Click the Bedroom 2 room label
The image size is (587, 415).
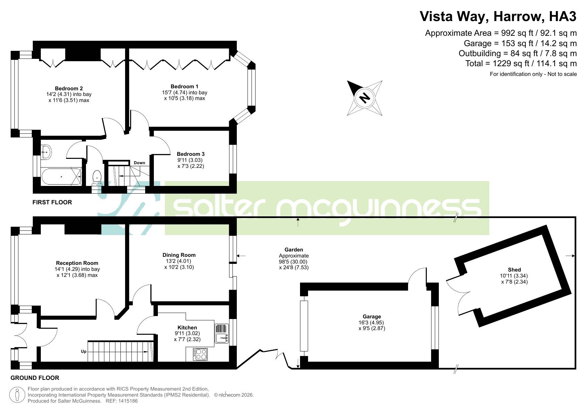point(69,88)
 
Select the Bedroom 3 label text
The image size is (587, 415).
point(191,154)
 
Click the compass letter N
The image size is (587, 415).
point(365,98)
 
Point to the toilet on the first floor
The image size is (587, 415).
point(97,177)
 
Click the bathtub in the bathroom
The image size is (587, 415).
point(61,176)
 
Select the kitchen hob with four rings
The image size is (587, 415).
point(200,354)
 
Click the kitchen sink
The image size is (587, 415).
point(221,334)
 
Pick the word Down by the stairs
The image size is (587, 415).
point(139,163)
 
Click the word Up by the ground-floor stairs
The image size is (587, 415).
point(84,351)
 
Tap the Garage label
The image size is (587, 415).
point(372,316)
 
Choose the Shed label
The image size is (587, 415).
point(514,270)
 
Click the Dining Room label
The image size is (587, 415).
point(179,255)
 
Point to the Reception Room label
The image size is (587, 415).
point(77,263)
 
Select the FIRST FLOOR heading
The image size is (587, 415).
point(52,202)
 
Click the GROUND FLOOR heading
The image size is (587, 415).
point(35,378)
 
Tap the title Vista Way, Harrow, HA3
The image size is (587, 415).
point(498,16)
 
